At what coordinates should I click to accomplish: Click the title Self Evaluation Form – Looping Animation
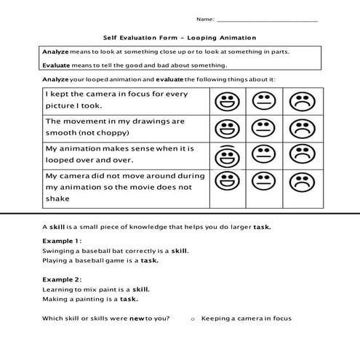(x=180, y=38)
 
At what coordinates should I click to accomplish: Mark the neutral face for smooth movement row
(x=260, y=129)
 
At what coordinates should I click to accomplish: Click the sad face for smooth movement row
(x=298, y=129)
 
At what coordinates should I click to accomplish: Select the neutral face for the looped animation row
(x=260, y=155)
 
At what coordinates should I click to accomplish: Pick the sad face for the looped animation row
(x=298, y=155)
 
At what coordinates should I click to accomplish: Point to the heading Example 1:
(x=62, y=240)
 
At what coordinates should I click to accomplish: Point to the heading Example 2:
(x=62, y=279)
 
